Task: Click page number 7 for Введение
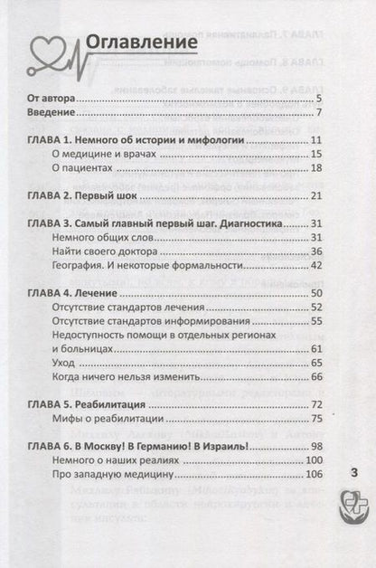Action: point(319,112)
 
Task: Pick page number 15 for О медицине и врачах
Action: point(316,155)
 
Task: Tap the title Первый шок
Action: point(118,196)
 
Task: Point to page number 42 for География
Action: point(316,266)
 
